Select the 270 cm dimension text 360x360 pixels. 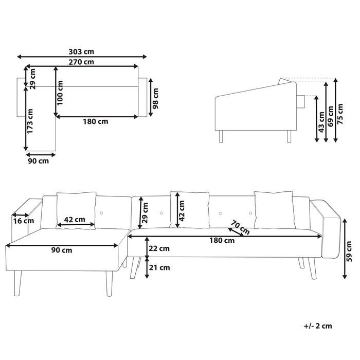[x=82, y=62]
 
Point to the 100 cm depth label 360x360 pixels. [x=61, y=93]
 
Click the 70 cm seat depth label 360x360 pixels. [x=237, y=226]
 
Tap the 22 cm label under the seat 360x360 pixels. [x=159, y=248]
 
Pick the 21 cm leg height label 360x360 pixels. [x=159, y=267]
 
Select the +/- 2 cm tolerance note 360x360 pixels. [x=318, y=326]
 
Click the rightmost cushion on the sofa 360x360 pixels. [x=274, y=209]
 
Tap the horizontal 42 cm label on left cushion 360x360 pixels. [x=75, y=220]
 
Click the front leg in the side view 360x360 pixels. [x=222, y=136]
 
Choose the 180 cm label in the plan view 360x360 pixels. [x=96, y=122]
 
